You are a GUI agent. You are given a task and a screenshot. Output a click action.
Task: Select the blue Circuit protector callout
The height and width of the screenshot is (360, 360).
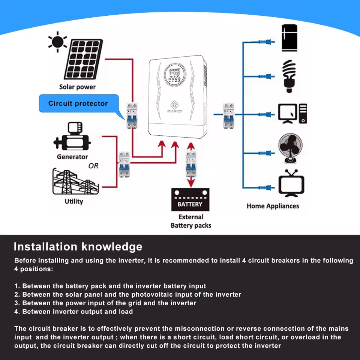(x=78, y=103)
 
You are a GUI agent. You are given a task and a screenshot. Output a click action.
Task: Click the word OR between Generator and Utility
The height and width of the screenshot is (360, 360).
(x=93, y=165)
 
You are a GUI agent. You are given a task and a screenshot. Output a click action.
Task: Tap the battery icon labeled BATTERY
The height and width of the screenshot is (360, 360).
(x=190, y=200)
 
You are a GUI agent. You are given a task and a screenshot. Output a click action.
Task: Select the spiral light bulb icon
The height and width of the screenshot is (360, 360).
(x=289, y=76)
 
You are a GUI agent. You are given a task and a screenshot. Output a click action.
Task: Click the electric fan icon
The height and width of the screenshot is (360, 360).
(x=290, y=149)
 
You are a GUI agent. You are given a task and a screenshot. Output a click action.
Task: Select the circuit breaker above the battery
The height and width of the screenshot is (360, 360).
(x=191, y=165)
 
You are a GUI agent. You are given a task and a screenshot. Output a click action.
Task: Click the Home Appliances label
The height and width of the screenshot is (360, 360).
(x=273, y=206)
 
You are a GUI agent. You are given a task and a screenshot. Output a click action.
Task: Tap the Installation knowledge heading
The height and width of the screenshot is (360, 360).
(x=78, y=247)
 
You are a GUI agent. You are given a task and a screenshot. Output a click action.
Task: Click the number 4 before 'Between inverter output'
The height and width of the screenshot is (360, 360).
(x=16, y=312)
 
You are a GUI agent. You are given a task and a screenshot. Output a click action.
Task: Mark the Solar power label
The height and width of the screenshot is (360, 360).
(x=77, y=87)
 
